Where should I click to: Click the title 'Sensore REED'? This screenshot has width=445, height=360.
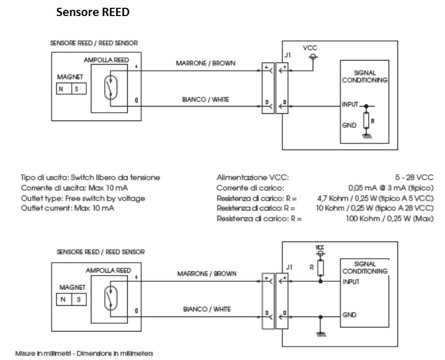[93, 12]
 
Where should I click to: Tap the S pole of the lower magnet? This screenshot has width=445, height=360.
[79, 299]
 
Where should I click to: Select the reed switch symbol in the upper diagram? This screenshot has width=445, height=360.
[111, 87]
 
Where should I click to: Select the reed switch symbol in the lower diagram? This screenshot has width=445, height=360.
[111, 298]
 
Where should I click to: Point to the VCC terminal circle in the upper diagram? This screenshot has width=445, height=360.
[313, 57]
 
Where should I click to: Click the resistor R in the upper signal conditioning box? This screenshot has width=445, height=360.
[366, 121]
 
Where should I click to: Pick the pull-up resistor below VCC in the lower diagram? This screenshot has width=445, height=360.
[320, 268]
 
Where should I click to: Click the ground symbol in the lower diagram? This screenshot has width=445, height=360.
[320, 335]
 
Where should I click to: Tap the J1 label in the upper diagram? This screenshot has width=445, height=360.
[288, 55]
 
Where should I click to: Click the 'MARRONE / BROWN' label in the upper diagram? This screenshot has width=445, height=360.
[206, 63]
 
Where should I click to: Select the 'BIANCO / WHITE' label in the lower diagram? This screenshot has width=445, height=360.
[207, 309]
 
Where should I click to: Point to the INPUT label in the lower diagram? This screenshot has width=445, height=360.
[351, 282]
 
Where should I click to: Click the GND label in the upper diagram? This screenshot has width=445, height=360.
[349, 125]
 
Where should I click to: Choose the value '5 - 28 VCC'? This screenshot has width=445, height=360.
[415, 177]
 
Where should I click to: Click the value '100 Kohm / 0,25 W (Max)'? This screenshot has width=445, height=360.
[390, 218]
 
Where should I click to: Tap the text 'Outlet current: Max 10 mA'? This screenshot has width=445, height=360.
[68, 208]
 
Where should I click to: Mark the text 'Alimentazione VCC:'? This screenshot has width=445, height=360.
[253, 177]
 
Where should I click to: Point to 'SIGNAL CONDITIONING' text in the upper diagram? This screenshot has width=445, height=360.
[365, 77]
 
